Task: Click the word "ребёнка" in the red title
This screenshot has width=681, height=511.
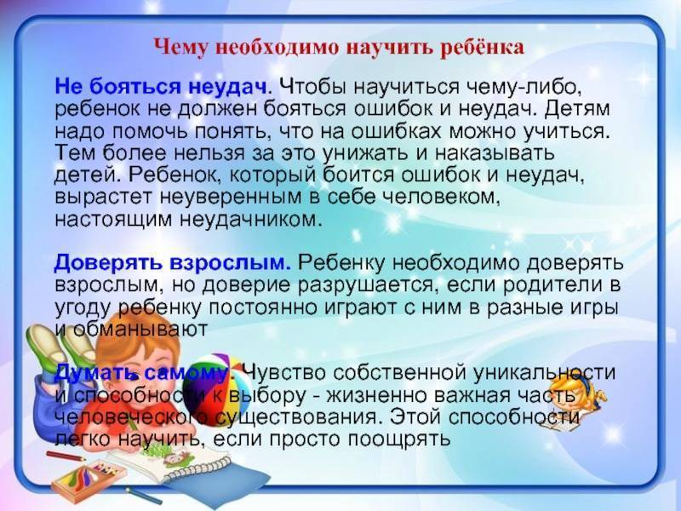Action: (x=483, y=48)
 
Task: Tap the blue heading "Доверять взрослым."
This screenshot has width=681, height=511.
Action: (x=173, y=263)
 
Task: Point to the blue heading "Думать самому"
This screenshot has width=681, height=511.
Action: (x=141, y=373)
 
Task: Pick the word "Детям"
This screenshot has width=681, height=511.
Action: (x=577, y=109)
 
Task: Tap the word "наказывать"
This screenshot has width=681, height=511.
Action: (x=495, y=153)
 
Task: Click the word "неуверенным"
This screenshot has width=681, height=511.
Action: (x=231, y=197)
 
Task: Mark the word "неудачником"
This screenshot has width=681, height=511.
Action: (x=251, y=220)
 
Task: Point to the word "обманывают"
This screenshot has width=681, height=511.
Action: (x=140, y=329)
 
